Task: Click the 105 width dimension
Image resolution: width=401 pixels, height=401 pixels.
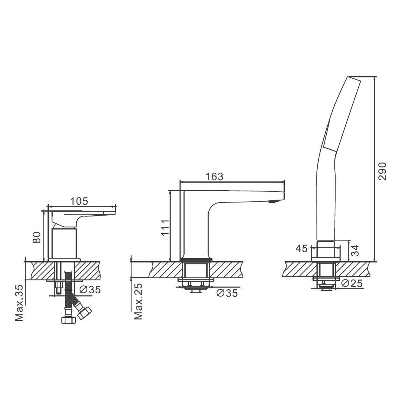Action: [79, 201]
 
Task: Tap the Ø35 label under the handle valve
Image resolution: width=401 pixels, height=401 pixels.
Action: [90, 290]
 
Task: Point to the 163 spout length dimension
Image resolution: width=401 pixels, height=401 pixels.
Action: [214, 177]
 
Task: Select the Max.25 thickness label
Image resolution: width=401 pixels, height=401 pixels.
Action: [138, 301]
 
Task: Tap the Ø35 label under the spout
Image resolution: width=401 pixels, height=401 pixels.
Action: [227, 293]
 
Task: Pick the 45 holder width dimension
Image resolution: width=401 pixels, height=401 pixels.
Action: [302, 249]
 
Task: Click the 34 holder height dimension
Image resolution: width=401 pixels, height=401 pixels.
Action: [355, 250]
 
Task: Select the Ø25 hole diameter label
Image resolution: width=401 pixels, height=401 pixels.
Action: [352, 283]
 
